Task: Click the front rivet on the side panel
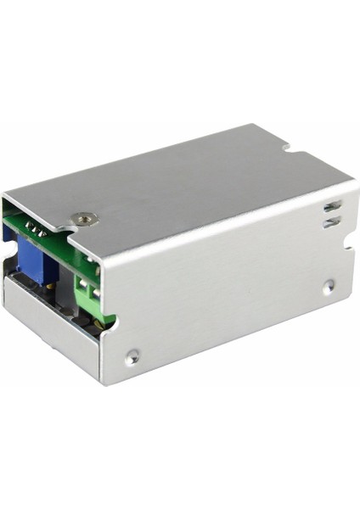[132, 356]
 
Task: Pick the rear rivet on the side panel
[329, 286]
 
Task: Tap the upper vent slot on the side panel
[332, 205]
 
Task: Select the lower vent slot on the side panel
[333, 222]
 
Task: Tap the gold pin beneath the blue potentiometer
[51, 286]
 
